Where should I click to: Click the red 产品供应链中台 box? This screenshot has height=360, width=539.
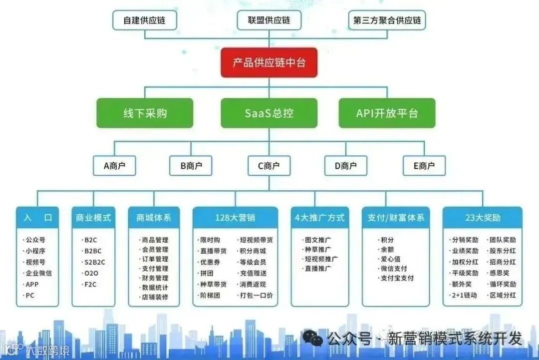[x=269, y=62]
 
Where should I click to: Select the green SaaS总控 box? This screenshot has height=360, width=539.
[x=269, y=113]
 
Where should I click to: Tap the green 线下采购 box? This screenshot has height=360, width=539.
[x=145, y=113]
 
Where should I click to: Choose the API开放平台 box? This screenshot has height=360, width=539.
[x=387, y=113]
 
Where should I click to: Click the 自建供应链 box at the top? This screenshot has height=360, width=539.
[x=145, y=20]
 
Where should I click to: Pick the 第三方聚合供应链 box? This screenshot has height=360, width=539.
[x=387, y=20]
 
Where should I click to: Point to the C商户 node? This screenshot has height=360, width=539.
[x=269, y=166]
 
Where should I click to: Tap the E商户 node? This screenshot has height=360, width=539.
[x=424, y=166]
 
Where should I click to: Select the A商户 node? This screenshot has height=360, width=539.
[x=114, y=166]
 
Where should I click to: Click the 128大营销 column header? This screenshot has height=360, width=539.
[x=235, y=218]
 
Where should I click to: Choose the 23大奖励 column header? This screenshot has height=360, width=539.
[x=482, y=218]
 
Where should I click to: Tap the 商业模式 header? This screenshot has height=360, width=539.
[x=93, y=218]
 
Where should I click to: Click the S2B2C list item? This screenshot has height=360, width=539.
[x=94, y=262]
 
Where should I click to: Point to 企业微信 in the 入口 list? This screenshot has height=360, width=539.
[x=38, y=273]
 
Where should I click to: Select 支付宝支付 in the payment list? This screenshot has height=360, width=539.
[x=397, y=278]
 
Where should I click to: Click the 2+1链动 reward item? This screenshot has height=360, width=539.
[x=464, y=295]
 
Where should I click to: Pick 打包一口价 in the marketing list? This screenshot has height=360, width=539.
[x=256, y=295]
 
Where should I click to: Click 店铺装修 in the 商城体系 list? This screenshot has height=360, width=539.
[x=155, y=297]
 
